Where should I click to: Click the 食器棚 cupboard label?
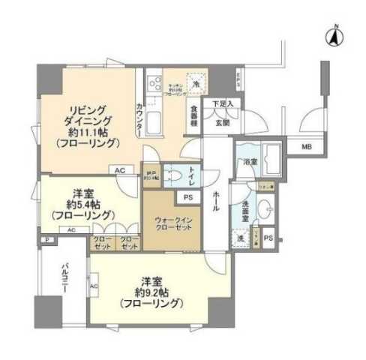(x=193, y=118)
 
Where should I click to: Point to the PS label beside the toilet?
(x=187, y=197)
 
